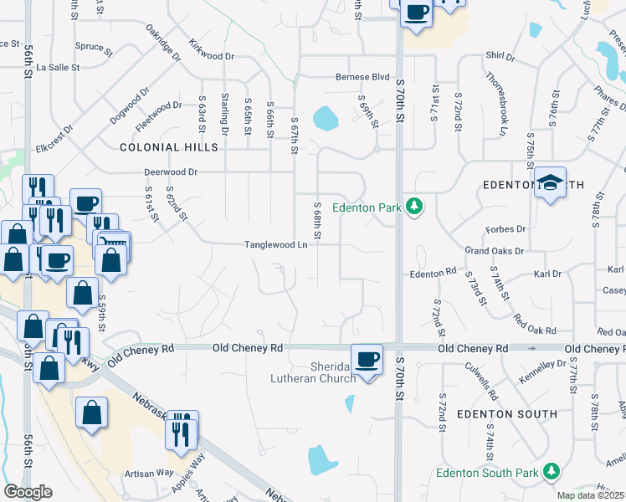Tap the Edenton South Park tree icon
[552, 473]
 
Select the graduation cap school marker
[551, 183]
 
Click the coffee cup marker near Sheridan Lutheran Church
[366, 359]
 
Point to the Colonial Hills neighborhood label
[169, 147]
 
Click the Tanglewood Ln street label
[276, 245]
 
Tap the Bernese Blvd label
[364, 77]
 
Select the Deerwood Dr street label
[170, 172]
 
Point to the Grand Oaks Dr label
[494, 250]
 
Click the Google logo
[28, 492]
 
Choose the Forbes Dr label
[505, 228]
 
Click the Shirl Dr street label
[500, 56]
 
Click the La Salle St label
[59, 67]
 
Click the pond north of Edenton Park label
[326, 119]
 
